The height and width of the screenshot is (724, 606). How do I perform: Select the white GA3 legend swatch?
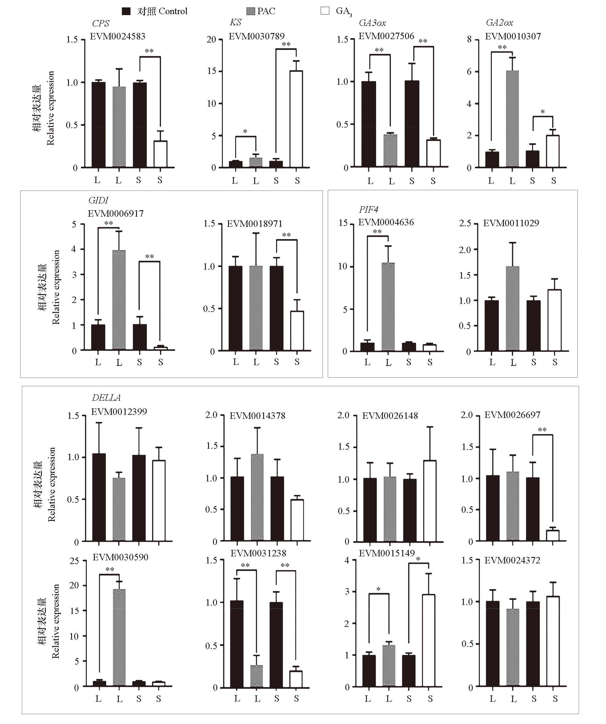325,11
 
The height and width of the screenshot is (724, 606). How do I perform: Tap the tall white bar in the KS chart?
296,119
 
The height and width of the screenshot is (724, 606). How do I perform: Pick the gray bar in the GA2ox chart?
512,119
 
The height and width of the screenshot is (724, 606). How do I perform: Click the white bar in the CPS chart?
160,154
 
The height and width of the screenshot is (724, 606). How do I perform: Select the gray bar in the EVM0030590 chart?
119,638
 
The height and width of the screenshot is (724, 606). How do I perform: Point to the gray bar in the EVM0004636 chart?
388,307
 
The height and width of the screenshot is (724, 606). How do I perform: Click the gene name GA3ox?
372,23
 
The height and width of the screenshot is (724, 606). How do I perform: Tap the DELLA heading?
106,398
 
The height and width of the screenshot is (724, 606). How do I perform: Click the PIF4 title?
369,209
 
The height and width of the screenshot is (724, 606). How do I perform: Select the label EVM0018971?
255,224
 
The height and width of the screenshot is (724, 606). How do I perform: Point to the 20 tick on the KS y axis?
211,39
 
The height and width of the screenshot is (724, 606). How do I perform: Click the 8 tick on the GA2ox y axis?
469,39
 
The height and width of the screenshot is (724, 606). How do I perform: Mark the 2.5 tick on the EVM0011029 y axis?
465,223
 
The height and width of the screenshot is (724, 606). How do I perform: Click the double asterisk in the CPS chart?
149,51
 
